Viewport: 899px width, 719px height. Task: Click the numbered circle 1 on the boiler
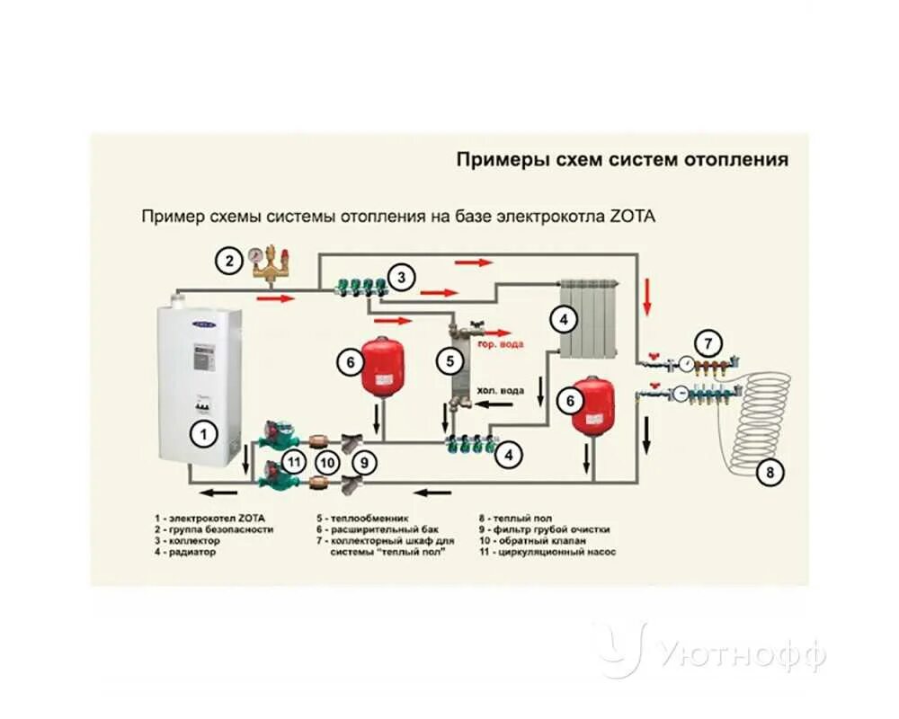tap(204, 436)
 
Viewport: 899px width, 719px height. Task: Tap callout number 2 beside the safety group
tap(229, 262)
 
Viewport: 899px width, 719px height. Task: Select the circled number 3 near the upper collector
tap(402, 277)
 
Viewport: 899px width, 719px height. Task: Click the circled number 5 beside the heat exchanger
tap(449, 361)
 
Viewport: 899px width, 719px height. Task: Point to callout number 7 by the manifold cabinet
tap(708, 342)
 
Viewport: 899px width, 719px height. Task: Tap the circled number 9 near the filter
tap(363, 462)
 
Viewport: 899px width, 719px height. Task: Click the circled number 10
tap(329, 462)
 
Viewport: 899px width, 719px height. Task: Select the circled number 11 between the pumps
tap(294, 462)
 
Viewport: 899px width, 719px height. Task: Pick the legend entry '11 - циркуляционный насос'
tap(547, 552)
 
